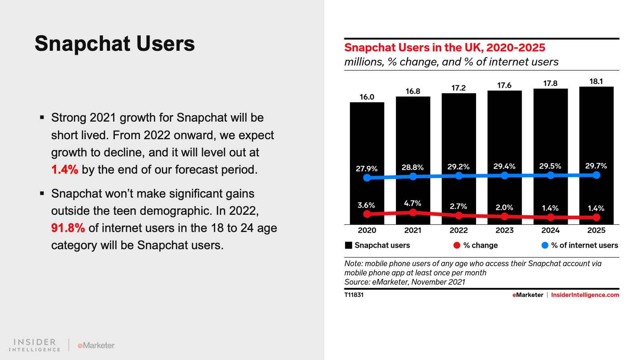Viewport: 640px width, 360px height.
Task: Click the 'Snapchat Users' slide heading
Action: (x=114, y=44)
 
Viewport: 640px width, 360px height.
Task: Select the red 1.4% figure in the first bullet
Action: (x=64, y=170)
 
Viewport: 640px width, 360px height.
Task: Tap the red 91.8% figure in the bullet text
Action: (x=68, y=228)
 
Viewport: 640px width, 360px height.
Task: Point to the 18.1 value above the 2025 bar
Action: (x=596, y=81)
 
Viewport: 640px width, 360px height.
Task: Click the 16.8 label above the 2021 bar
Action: (x=413, y=91)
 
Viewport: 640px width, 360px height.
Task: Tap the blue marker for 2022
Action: (x=459, y=176)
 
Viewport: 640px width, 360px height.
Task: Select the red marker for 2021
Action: (x=413, y=212)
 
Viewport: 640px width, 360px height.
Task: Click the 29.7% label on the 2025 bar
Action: (x=596, y=166)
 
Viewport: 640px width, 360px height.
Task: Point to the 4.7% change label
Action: (x=412, y=203)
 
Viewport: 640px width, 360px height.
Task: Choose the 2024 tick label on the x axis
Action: (x=550, y=230)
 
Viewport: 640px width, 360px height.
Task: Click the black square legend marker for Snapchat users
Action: (x=349, y=245)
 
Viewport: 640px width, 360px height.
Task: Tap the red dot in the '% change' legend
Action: (x=457, y=245)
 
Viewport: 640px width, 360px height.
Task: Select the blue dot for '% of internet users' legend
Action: (x=545, y=245)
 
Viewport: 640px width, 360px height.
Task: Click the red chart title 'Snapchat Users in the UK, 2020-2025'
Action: (x=444, y=48)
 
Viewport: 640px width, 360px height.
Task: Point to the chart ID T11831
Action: (x=354, y=295)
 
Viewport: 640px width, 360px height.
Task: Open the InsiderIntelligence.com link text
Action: (x=585, y=295)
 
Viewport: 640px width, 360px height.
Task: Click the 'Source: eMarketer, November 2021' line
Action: (x=405, y=282)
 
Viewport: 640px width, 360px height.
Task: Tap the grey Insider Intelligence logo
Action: (x=35, y=345)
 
